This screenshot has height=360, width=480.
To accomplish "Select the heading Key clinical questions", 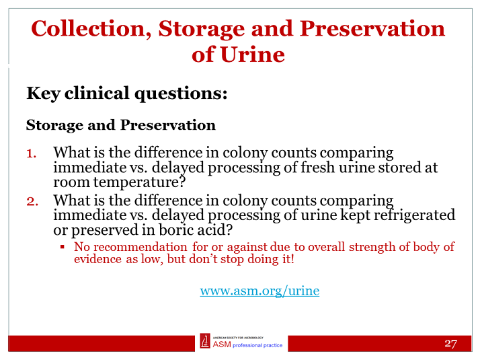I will [x=126, y=94].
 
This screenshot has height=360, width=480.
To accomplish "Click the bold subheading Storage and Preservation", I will [x=120, y=126].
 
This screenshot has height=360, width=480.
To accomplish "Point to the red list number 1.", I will [x=32, y=153].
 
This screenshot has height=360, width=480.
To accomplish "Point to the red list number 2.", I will [x=32, y=201].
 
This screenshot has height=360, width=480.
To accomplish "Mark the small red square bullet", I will [x=63, y=248].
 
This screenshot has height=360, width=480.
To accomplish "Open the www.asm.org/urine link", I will [x=259, y=291].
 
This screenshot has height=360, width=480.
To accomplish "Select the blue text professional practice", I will [x=257, y=346].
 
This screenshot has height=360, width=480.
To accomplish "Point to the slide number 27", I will [x=450, y=344].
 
